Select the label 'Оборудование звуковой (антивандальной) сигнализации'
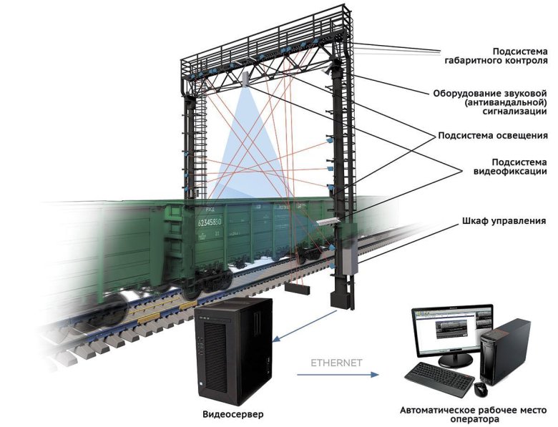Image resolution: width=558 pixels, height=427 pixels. pos(490,102)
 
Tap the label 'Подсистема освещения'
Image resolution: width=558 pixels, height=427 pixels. pos(493,135)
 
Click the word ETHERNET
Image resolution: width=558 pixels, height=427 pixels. pos(336,363)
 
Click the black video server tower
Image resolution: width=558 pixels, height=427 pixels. pos(233,350)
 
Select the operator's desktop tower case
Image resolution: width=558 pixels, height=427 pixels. pos(505,350)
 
